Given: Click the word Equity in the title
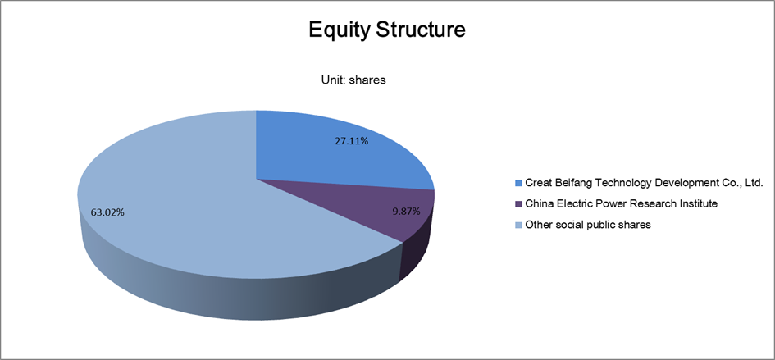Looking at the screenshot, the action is click(x=340, y=30).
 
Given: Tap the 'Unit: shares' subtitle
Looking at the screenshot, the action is click(x=353, y=80).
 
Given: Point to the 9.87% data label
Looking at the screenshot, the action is click(x=406, y=212).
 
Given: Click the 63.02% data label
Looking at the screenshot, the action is click(x=107, y=212).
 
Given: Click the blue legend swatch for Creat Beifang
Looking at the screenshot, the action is click(x=518, y=184).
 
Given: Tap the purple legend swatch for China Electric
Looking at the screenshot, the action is click(x=518, y=204).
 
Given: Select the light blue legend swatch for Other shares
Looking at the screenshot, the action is click(x=518, y=225).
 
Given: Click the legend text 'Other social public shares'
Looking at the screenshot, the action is click(x=588, y=225).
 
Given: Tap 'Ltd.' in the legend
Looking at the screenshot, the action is click(x=754, y=183).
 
